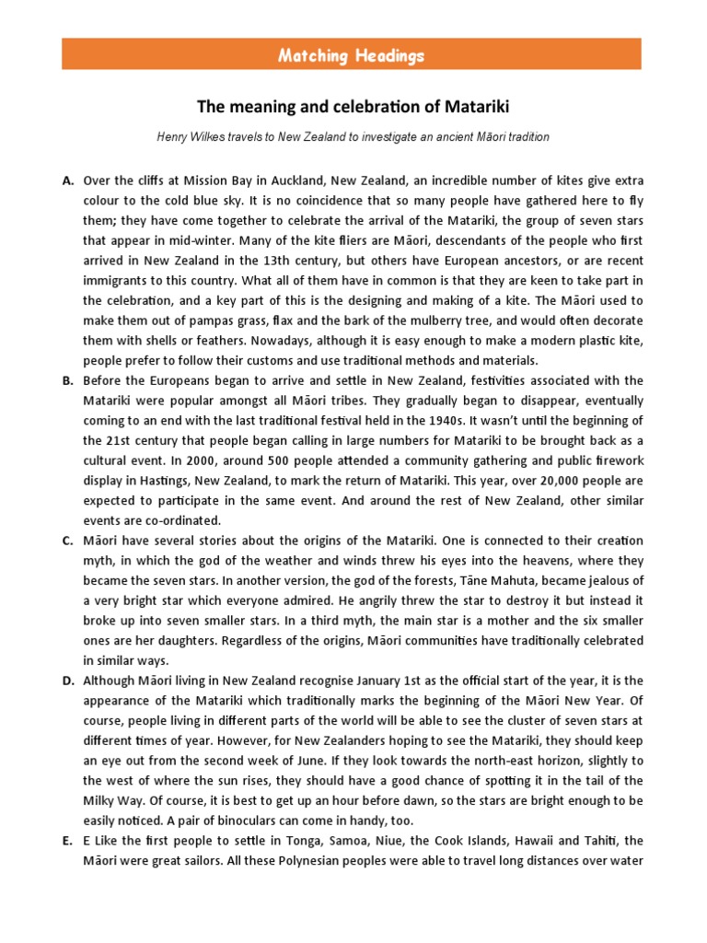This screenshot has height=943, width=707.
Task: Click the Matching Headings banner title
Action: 353,55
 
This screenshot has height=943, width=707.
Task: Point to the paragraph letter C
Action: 67,541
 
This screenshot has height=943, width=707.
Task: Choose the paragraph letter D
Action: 67,681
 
